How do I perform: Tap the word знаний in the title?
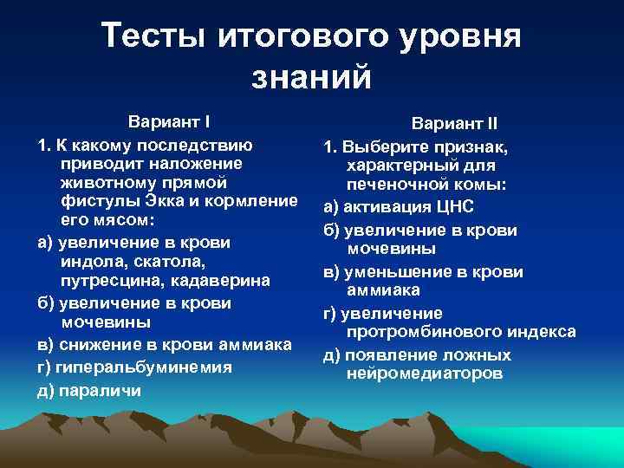click(311, 77)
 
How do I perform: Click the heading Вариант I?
click(170, 120)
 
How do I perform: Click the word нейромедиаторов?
click(423, 374)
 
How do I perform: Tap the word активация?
click(387, 207)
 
